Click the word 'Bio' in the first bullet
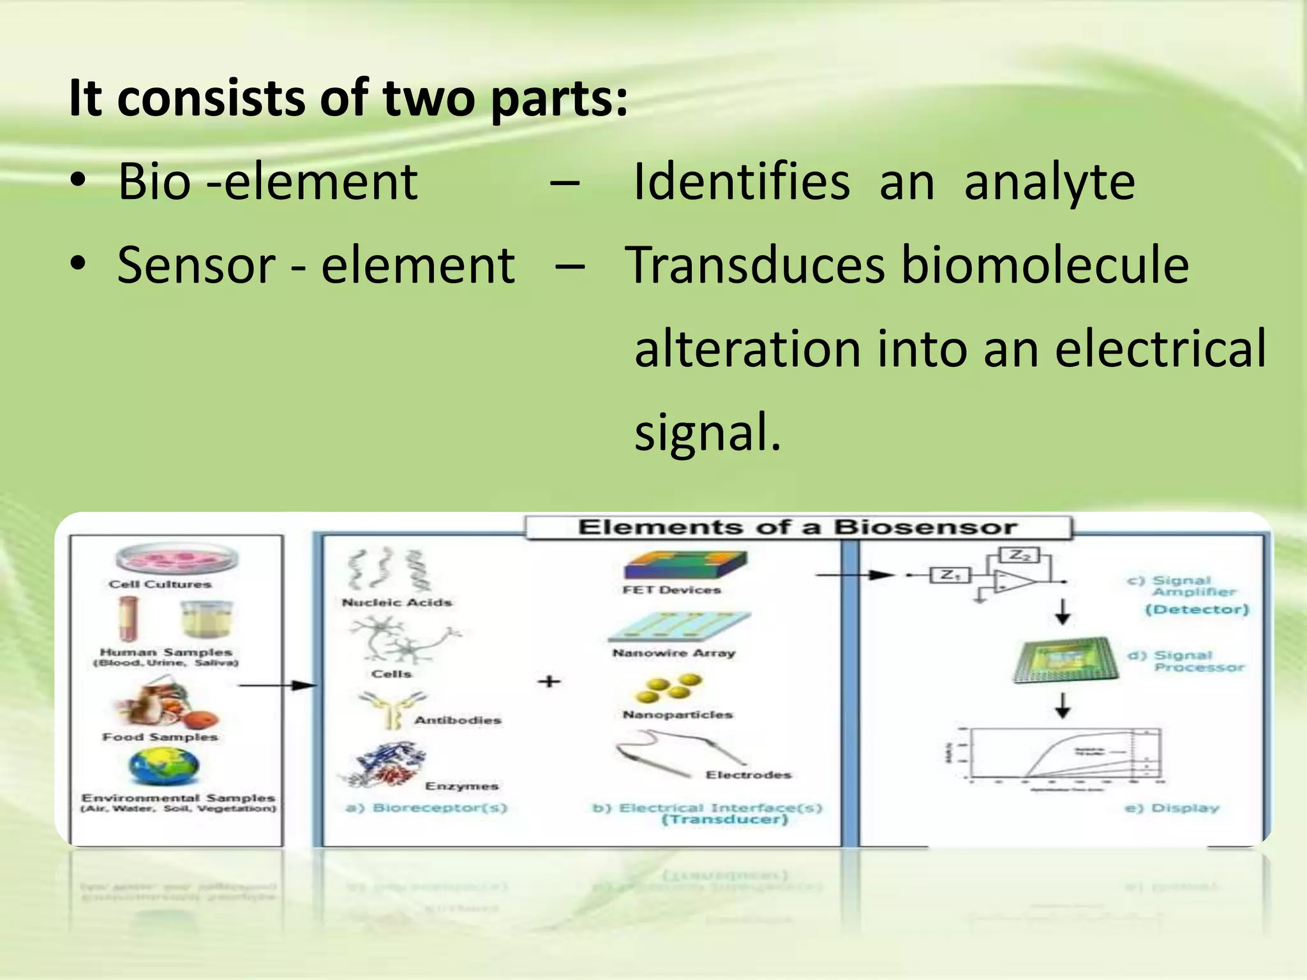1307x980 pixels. tap(154, 182)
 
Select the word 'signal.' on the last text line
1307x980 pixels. tap(707, 433)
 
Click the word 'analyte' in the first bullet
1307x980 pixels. tap(1049, 182)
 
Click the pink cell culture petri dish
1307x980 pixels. tap(177, 560)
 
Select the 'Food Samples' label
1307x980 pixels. tap(160, 737)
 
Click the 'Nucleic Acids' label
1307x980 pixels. tap(396, 602)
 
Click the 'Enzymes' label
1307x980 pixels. tap(461, 786)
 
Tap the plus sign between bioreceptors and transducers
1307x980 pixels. tap(549, 682)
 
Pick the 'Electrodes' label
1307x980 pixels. tap(748, 775)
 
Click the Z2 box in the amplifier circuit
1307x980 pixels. tap(1020, 556)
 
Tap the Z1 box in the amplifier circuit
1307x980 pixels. tap(950, 575)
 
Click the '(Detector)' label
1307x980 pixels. tap(1197, 609)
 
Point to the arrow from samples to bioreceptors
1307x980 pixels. tap(277, 685)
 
